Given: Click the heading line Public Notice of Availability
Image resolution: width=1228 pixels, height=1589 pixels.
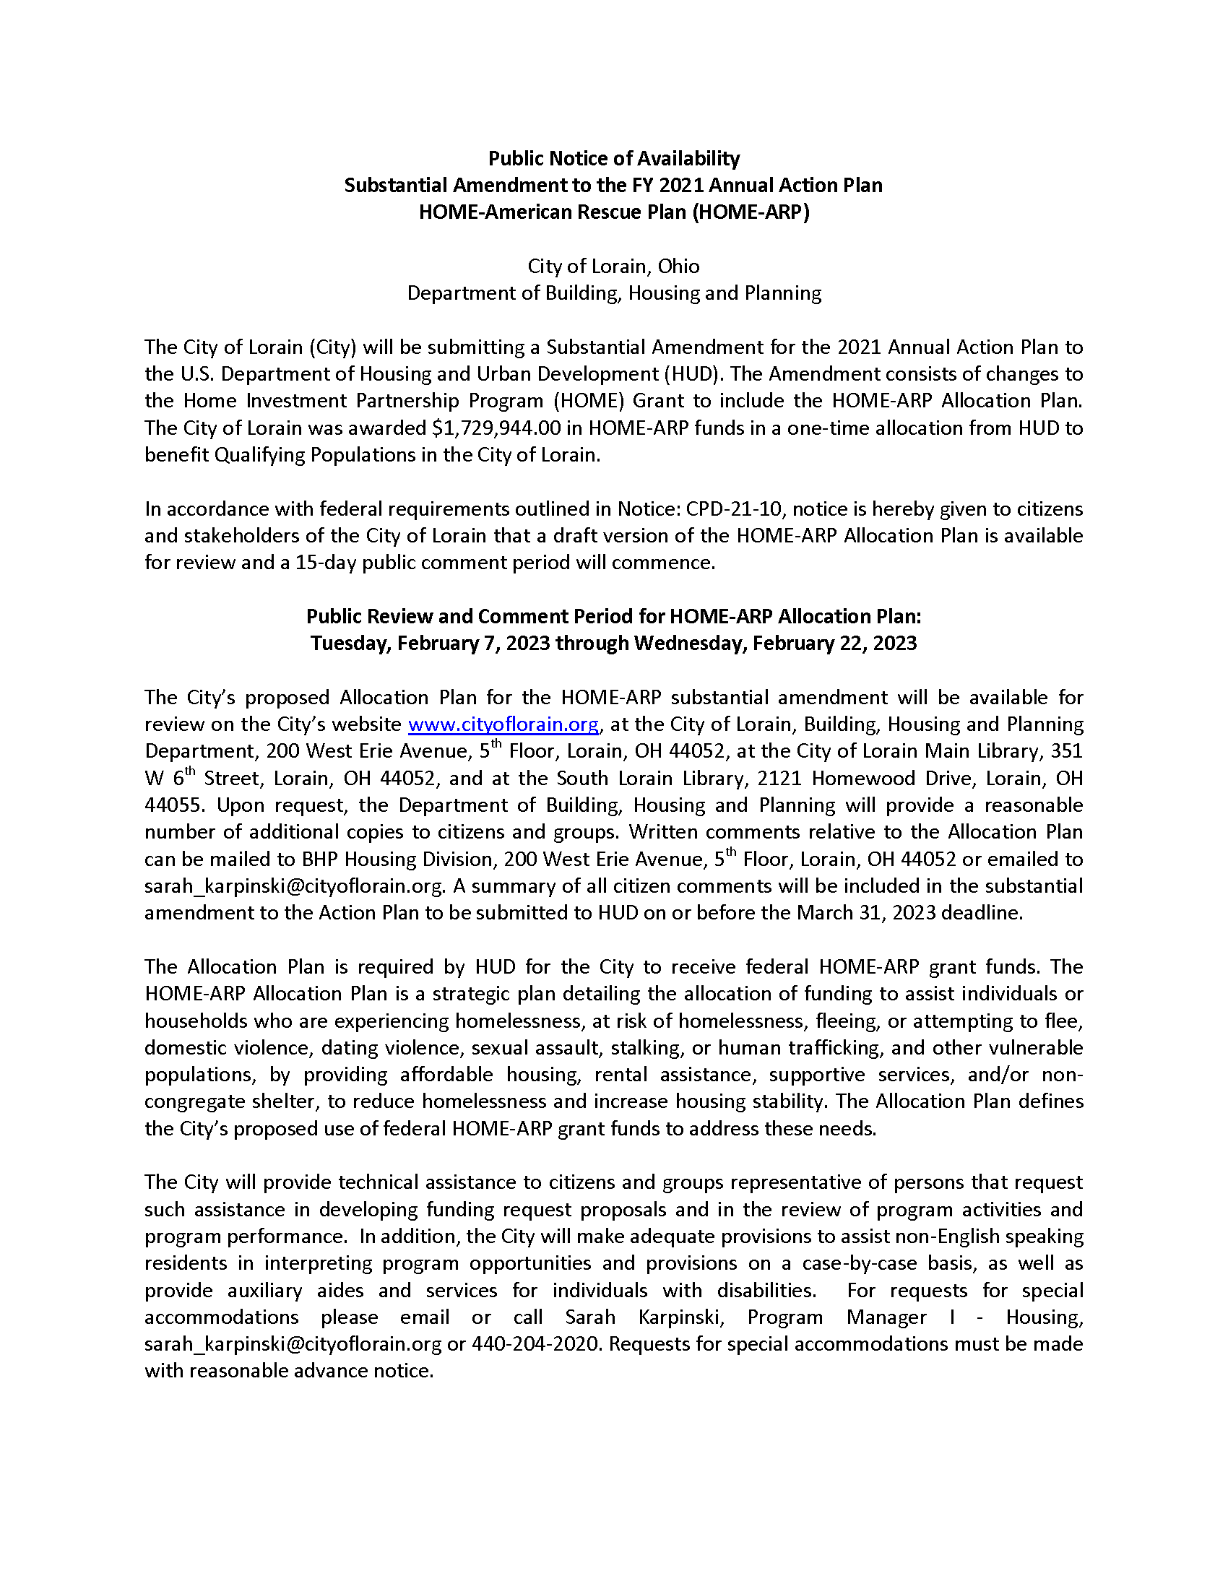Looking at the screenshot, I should click(613, 159).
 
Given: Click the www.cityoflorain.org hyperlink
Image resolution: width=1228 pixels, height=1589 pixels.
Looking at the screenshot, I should click(503, 724).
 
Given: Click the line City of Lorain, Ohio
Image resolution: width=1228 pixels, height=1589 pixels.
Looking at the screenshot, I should click(613, 267).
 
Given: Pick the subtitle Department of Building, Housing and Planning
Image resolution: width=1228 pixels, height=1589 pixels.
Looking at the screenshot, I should click(613, 293).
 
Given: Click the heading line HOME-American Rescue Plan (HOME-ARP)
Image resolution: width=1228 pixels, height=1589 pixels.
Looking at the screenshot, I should click(613, 212).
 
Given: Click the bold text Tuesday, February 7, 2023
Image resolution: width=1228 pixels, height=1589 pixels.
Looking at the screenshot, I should click(431, 644).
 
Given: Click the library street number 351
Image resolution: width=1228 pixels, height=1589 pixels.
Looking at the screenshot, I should click(1067, 752).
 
